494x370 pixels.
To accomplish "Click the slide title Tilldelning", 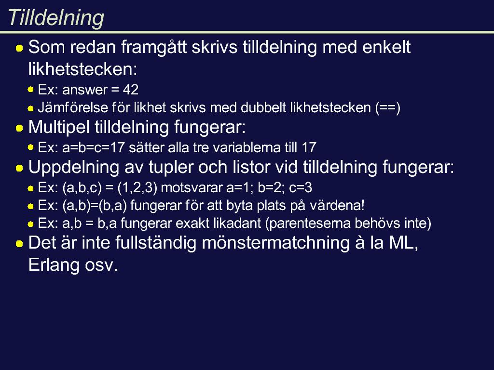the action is coord(56,18).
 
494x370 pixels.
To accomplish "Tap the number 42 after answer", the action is coord(130,90).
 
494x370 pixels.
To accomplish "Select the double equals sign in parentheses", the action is coord(387,108).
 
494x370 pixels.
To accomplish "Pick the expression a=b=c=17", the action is coord(93,147).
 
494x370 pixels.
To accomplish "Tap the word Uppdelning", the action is coord(74,167).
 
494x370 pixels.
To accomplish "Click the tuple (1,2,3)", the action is coord(137,188).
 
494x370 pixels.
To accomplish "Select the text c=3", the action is coord(301,188).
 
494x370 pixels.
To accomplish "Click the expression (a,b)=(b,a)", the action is coord(95,206).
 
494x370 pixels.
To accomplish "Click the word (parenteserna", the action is coord(308,224).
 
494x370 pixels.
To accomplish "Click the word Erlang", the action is coord(54,265).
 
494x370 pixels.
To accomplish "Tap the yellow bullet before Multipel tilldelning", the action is coord(19,128).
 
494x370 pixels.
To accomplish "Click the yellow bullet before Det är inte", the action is coord(19,243).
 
